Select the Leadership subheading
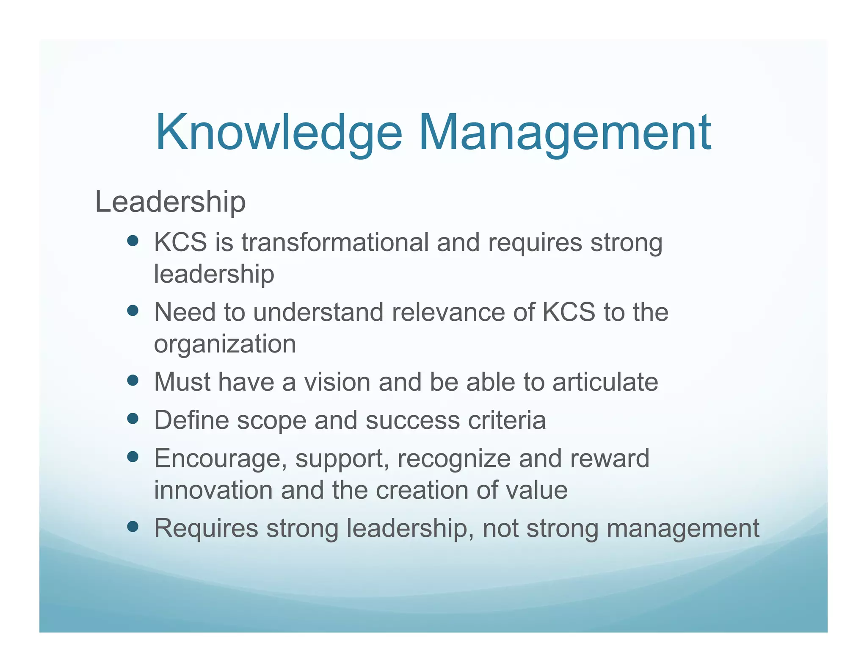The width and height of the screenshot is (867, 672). point(170,202)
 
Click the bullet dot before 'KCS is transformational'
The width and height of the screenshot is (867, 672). point(133,241)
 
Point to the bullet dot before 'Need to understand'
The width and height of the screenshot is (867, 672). point(133,311)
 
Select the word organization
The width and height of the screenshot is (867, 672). point(225,344)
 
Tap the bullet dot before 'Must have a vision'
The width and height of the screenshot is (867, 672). point(133,380)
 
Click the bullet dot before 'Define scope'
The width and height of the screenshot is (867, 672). point(133,419)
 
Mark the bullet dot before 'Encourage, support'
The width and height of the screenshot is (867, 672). point(133,457)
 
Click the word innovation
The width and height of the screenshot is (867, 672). point(213,490)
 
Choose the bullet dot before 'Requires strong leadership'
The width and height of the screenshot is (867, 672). point(133,527)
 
